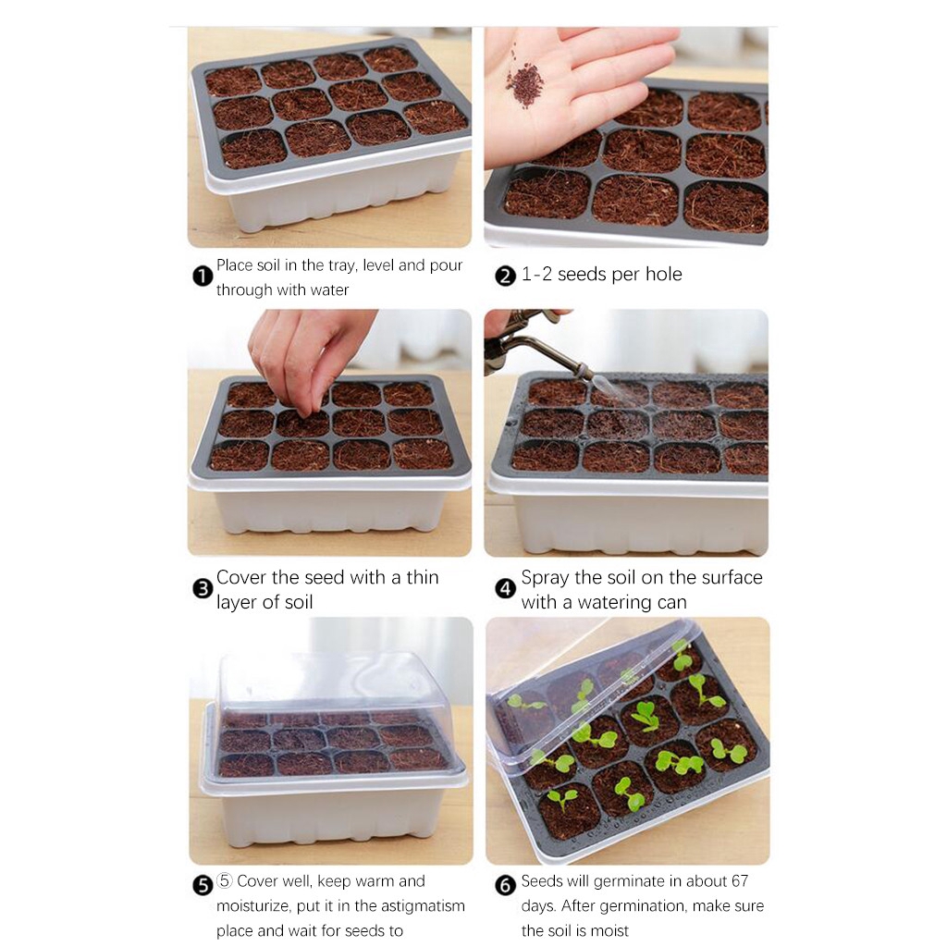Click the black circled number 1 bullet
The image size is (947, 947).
[x=203, y=277]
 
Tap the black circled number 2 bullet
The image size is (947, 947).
[x=505, y=277]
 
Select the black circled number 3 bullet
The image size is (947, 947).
[x=203, y=589]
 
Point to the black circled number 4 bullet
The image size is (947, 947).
[x=505, y=589]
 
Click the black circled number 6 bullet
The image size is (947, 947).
[x=505, y=885]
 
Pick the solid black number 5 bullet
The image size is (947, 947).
[x=203, y=885]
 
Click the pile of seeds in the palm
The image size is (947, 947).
[x=524, y=81]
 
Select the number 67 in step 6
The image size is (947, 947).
[x=739, y=881]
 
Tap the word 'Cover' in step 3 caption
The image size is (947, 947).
[x=241, y=577]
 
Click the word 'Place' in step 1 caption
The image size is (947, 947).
[x=234, y=265]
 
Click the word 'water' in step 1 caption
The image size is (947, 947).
[x=329, y=289]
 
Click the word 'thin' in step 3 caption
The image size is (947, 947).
[x=422, y=577]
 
